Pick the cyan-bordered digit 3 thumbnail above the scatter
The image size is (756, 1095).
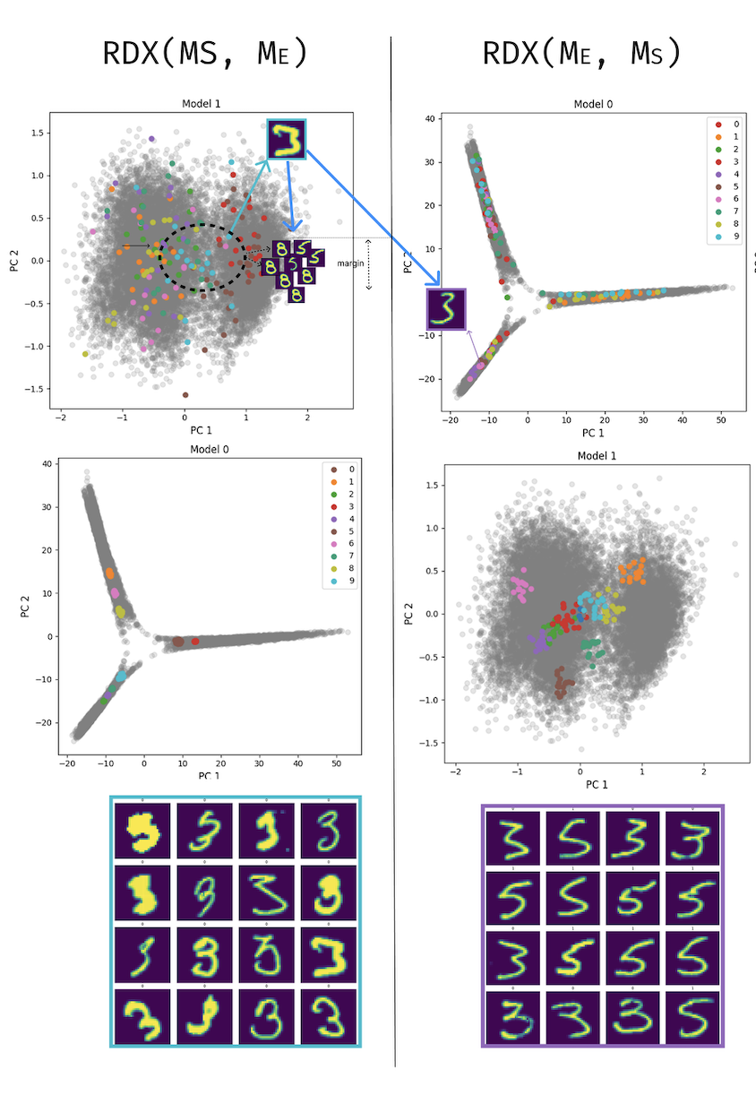287,140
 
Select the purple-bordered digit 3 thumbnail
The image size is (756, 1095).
447,309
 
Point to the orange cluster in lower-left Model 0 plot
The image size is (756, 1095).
110,573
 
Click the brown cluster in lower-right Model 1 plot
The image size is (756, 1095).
562,683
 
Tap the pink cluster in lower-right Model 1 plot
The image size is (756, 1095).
519,589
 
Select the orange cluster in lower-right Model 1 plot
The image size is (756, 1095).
631,570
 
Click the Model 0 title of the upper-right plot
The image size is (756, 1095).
593,105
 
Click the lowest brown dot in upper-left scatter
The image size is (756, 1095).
185,394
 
